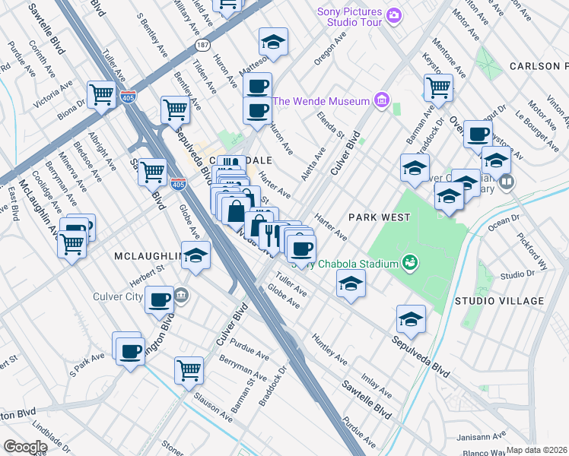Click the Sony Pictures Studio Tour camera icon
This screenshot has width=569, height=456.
393,14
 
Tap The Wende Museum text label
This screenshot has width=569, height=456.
321,101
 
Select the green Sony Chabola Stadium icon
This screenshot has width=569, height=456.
411,263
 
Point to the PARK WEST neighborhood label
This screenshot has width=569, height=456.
379,217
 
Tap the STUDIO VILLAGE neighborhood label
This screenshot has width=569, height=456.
500,301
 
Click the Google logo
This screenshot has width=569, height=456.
25,447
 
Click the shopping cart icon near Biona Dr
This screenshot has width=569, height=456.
100,95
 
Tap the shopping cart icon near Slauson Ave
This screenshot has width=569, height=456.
189,371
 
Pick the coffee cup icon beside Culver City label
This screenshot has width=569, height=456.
159,299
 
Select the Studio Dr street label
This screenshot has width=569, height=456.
520,274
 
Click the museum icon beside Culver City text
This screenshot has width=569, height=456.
181,294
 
